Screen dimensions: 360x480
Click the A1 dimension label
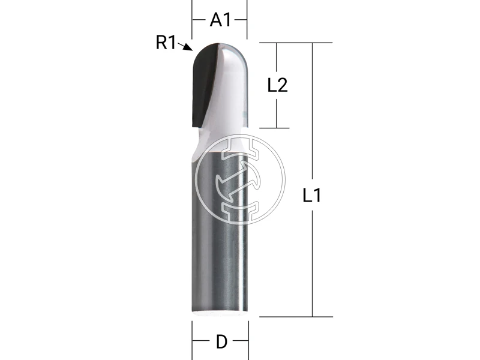point(220,20)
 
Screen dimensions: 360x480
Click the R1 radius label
point(166,42)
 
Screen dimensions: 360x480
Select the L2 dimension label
point(277,85)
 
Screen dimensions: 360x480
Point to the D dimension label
point(221,342)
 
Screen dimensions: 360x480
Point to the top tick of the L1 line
point(312,43)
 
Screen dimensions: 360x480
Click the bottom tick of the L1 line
point(312,316)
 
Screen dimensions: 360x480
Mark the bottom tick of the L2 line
point(275,128)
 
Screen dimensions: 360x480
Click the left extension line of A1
point(192,18)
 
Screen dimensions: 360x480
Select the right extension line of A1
point(248,18)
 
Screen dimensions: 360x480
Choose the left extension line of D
point(192,339)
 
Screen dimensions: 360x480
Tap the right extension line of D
point(248,339)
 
